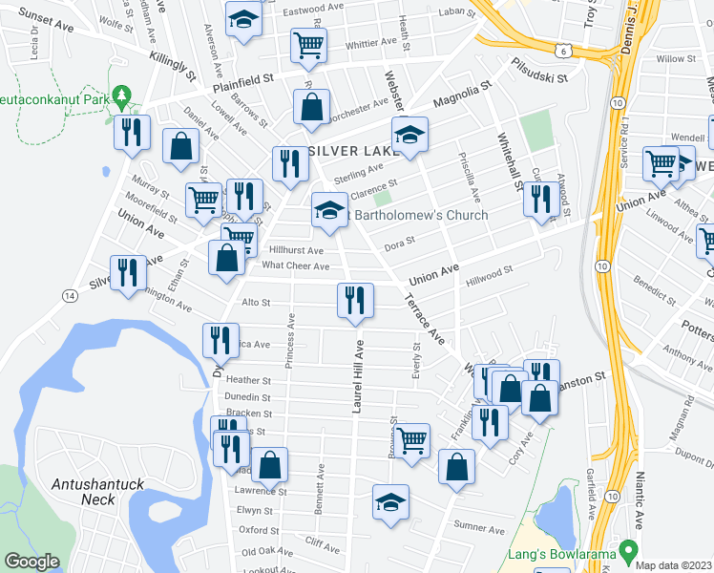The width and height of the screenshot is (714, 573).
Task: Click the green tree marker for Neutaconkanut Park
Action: (121, 95)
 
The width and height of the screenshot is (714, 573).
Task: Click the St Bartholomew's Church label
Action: (419, 215)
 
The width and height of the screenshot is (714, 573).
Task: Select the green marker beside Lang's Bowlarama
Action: (627, 551)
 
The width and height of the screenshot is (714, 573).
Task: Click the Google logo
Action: (31, 562)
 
